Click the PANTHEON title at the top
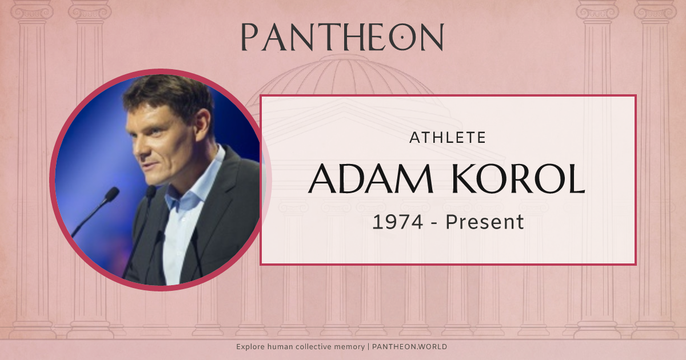click(x=342, y=38)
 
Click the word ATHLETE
click(x=448, y=137)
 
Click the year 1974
click(x=397, y=222)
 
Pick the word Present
click(x=485, y=222)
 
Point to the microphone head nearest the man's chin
click(x=151, y=191)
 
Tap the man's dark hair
click(x=166, y=91)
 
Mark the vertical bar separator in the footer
click(x=368, y=347)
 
